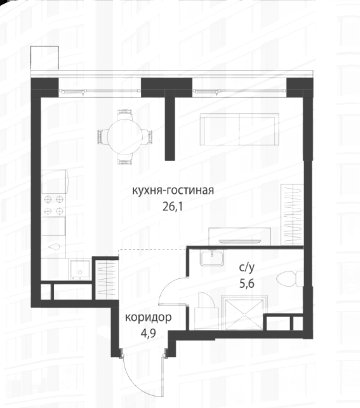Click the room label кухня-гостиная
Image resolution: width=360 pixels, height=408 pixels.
coord(173,191)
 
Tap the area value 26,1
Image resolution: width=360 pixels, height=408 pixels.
coord(173,207)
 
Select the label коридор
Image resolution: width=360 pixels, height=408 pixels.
coord(148,318)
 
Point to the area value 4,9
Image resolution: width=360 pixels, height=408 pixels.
coord(147,333)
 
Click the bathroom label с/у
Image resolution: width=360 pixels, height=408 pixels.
coord(247,268)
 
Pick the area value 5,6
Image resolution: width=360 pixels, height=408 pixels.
coord(247,283)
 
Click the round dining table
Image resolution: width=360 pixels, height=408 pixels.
coord(126,137)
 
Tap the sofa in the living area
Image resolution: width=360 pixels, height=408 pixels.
coord(239,129)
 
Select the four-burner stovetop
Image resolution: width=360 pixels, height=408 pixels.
coord(54,205)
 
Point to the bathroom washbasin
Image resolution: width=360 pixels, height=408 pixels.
coord(212,257)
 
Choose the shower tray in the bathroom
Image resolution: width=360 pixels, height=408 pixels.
coord(244,314)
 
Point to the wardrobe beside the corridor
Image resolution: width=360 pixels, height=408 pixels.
coord(107,279)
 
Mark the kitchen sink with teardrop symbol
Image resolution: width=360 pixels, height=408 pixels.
coord(54,247)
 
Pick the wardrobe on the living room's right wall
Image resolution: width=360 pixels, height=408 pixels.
coord(292,215)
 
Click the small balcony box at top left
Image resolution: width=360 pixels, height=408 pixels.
coord(44,58)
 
